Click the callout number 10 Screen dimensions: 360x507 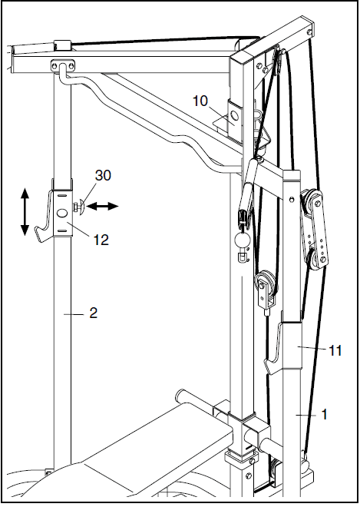(x=200, y=101)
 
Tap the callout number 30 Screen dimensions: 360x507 (x=103, y=175)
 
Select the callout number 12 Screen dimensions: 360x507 (x=101, y=240)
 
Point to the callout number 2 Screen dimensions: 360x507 (x=94, y=313)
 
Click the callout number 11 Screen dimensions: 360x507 (x=335, y=350)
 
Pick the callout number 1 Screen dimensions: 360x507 (x=324, y=414)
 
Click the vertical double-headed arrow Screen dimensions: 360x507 (x=25, y=212)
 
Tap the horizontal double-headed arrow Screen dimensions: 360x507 (x=102, y=206)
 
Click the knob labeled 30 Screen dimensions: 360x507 (x=79, y=207)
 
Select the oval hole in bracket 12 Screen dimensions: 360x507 (x=62, y=213)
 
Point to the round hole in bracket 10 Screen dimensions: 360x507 (x=235, y=115)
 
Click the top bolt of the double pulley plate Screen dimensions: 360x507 (x=317, y=203)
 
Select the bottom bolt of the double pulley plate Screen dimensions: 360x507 (x=322, y=260)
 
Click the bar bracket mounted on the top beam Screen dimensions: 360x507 (x=62, y=66)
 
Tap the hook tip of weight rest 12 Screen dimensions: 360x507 (x=37, y=230)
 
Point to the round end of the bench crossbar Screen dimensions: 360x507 (x=180, y=395)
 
